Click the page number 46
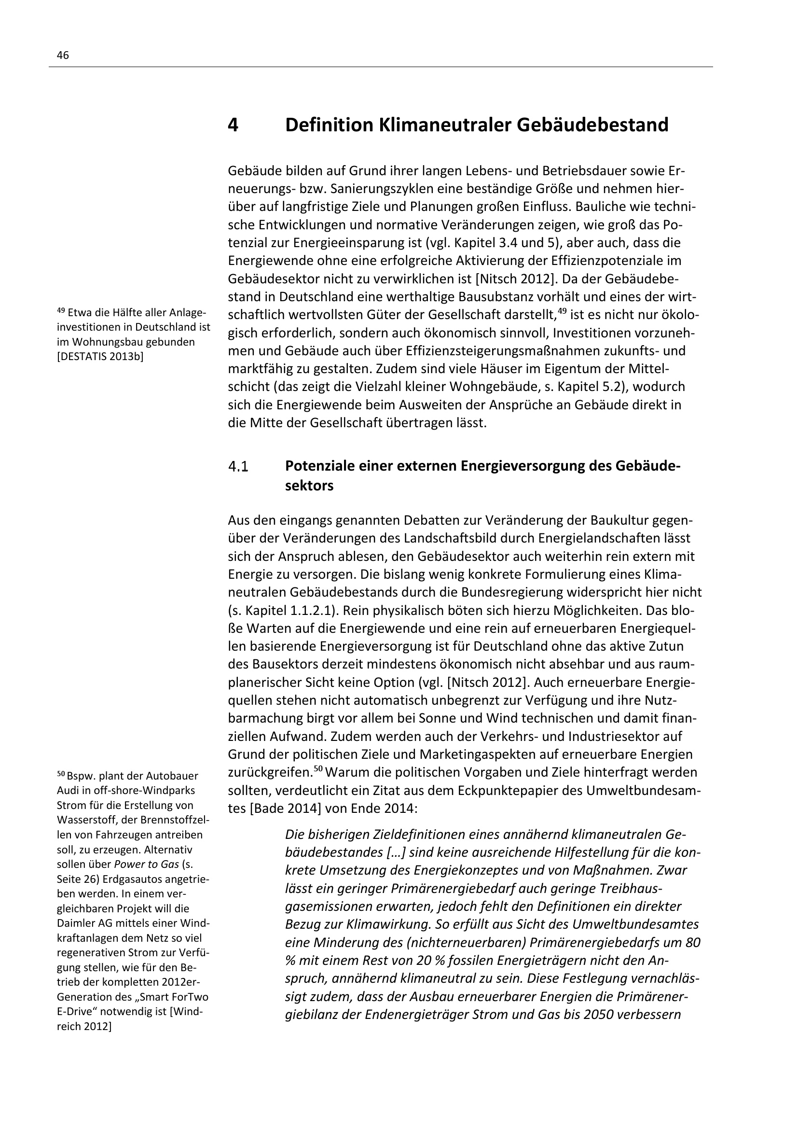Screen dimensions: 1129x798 pyautogui.click(x=63, y=56)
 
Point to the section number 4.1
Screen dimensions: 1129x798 pyautogui.click(x=238, y=466)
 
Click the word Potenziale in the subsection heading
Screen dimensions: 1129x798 pyautogui.click(x=319, y=466)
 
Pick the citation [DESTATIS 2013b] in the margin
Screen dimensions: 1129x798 pyautogui.click(x=100, y=357)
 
